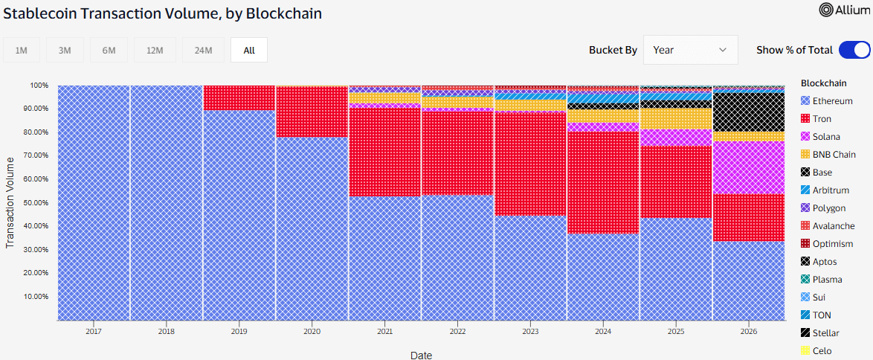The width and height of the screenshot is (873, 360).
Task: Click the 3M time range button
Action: pyautogui.click(x=65, y=50)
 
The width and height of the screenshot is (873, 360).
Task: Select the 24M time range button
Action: pyautogui.click(x=203, y=50)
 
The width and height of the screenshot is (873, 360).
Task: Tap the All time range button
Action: pyautogui.click(x=249, y=50)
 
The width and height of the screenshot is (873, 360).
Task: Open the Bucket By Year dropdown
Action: pyautogui.click(x=690, y=50)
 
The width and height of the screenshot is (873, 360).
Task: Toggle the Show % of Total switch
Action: pyautogui.click(x=854, y=50)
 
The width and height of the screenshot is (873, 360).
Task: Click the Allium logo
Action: pyautogui.click(x=844, y=10)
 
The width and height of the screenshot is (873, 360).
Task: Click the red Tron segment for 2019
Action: pyautogui.click(x=239, y=98)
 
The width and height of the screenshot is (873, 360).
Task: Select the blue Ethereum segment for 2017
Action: pyautogui.click(x=94, y=203)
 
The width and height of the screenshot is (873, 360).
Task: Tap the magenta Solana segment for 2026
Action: pyautogui.click(x=749, y=168)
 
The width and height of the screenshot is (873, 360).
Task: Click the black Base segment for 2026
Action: pyautogui.click(x=749, y=112)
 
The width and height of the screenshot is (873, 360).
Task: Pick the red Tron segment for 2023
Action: pyautogui.click(x=530, y=164)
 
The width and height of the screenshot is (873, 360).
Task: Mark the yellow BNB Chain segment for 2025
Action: pyautogui.click(x=676, y=119)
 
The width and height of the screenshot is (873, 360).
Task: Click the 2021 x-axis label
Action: pyautogui.click(x=384, y=331)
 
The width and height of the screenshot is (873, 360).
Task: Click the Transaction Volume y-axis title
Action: pyautogui.click(x=10, y=203)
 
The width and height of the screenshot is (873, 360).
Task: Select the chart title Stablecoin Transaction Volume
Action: pyautogui.click(x=111, y=13)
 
